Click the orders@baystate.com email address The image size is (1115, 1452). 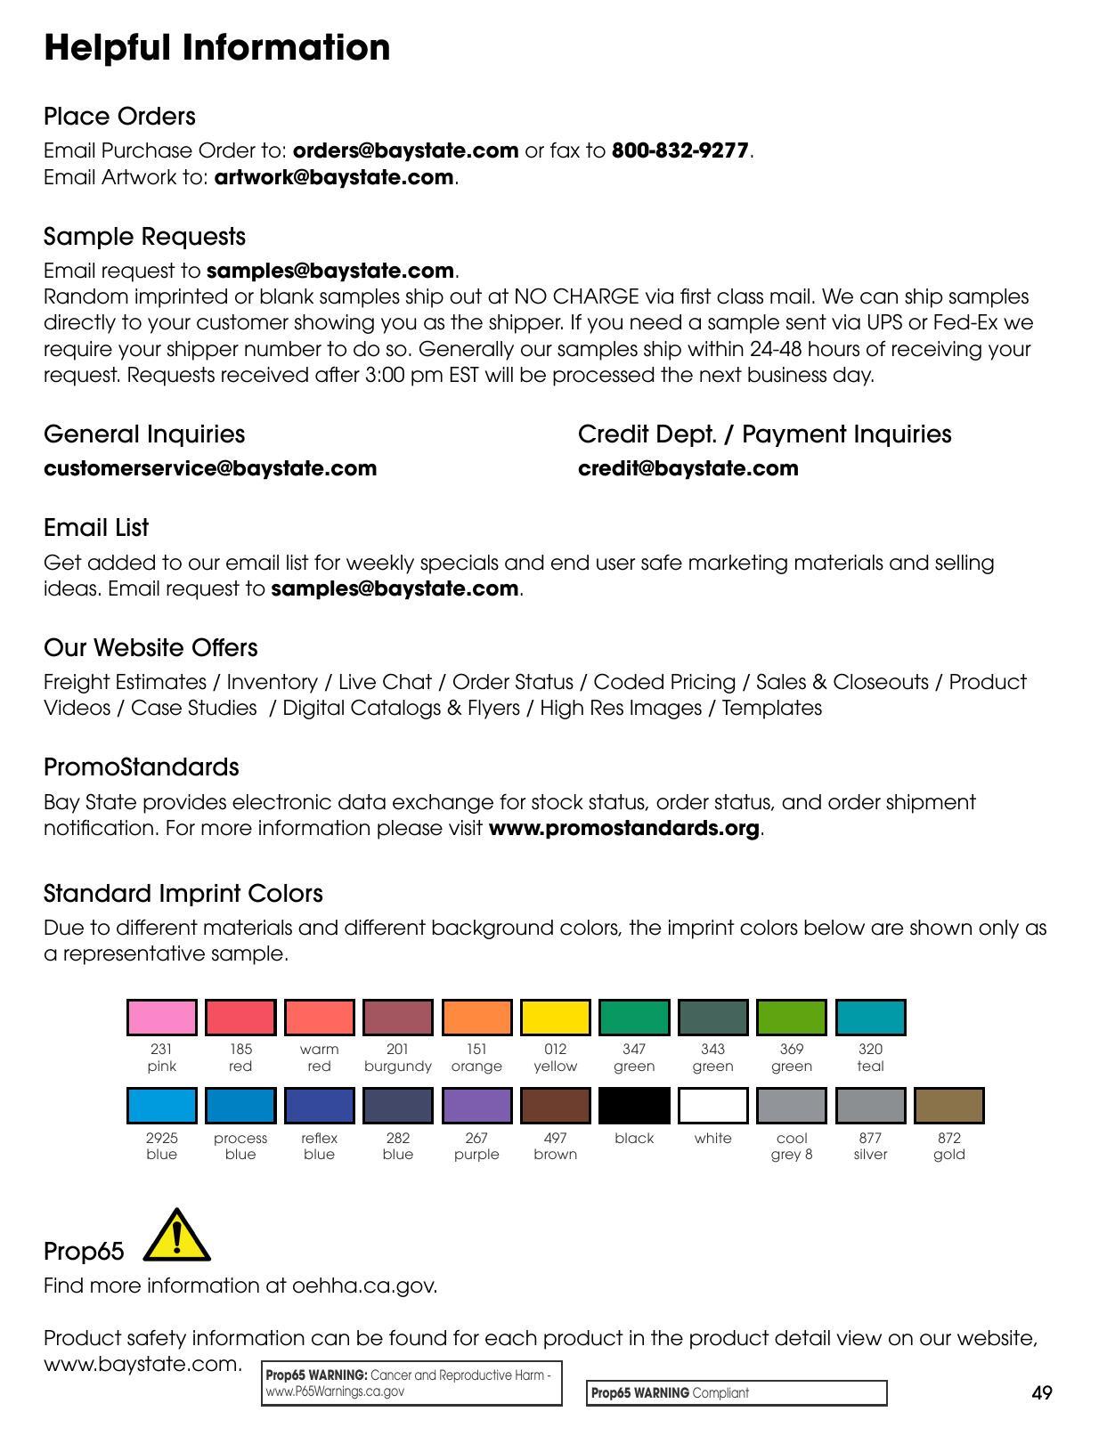click(405, 150)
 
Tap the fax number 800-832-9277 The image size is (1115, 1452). click(680, 150)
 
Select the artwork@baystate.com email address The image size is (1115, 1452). click(334, 177)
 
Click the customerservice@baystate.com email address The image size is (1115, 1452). click(210, 468)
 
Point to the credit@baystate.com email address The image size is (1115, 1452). click(688, 468)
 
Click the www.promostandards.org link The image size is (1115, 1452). click(623, 828)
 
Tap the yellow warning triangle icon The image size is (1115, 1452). click(176, 1236)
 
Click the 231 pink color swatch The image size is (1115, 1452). click(162, 1017)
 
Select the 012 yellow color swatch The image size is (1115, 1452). click(556, 1017)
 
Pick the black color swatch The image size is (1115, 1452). click(634, 1105)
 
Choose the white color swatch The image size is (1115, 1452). click(712, 1105)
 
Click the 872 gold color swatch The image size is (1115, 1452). click(948, 1105)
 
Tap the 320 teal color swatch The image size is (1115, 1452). click(870, 1017)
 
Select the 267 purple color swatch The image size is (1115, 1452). click(476, 1105)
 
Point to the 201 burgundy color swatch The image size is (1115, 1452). click(398, 1017)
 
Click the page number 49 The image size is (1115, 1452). click(1042, 1393)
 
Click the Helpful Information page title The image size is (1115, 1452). click(216, 47)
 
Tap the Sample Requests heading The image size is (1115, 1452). click(144, 237)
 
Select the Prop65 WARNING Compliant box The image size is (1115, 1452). click(737, 1393)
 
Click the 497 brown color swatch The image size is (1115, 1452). click(556, 1105)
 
